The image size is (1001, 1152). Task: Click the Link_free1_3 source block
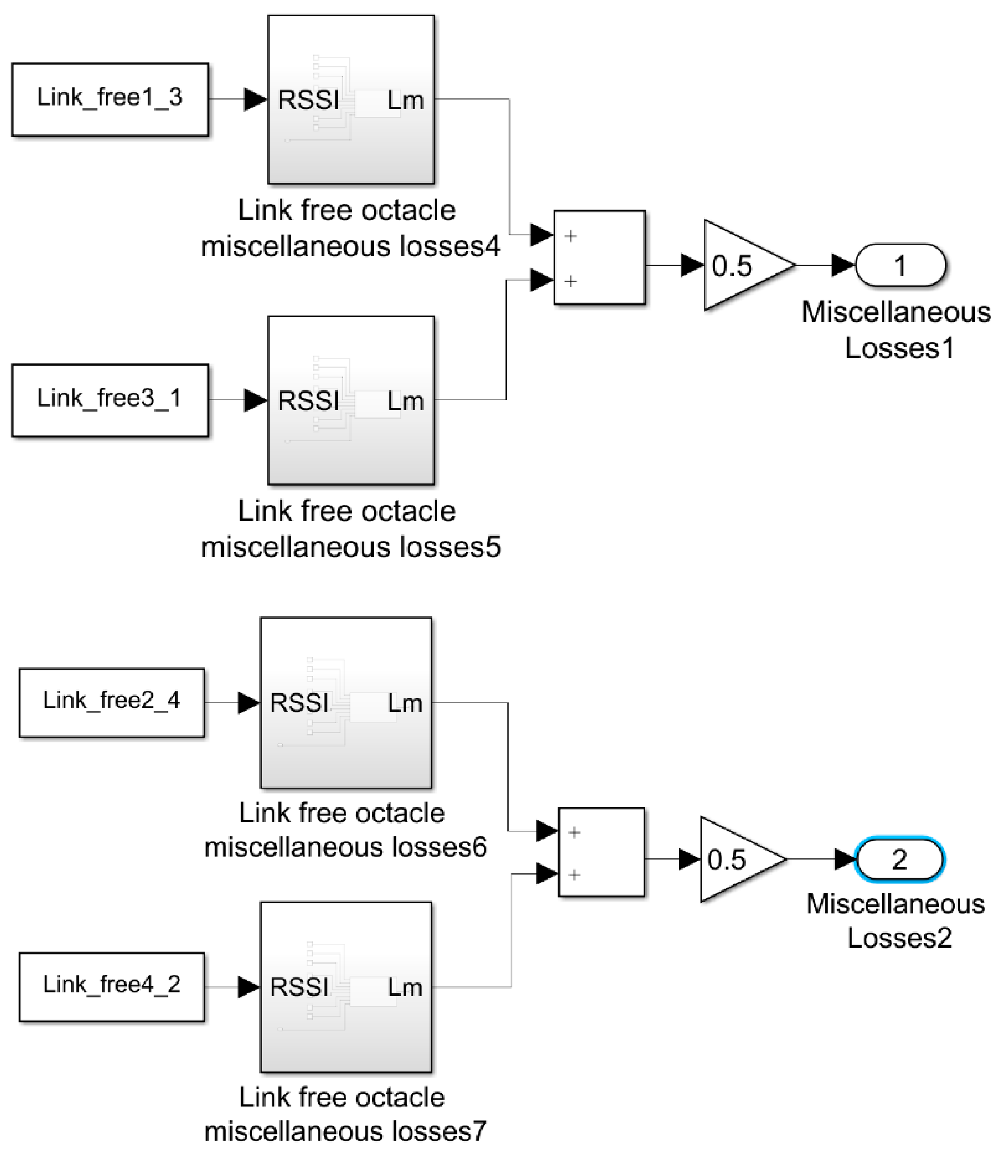click(110, 100)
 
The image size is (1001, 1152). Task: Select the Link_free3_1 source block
click(110, 400)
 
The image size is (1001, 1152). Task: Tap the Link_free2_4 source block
click(112, 703)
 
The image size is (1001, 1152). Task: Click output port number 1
click(900, 265)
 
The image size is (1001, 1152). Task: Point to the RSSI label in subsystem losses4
click(308, 101)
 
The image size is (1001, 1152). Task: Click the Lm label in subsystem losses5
click(405, 402)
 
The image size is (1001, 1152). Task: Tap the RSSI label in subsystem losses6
click(299, 703)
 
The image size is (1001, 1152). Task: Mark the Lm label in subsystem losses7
click(405, 988)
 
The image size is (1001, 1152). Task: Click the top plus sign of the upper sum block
click(570, 236)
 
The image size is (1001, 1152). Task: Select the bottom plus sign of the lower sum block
click(574, 875)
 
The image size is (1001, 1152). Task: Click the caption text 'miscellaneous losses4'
click(350, 246)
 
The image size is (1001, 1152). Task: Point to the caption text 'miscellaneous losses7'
click(345, 1132)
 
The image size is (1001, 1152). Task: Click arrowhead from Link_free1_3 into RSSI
click(255, 100)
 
